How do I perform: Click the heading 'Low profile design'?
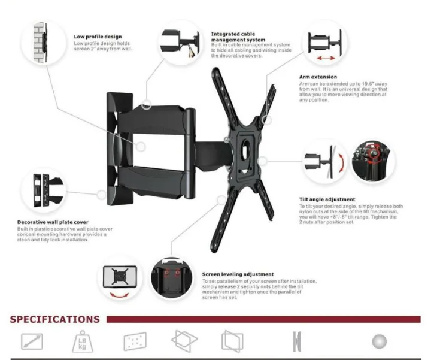tap(98, 37)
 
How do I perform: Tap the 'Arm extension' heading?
tap(318, 77)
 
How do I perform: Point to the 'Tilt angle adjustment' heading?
tap(327, 199)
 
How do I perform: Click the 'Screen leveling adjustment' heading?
tap(238, 274)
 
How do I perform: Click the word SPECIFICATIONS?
tap(55, 319)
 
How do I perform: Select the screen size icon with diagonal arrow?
tap(31, 342)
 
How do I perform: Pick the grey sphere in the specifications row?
tap(378, 341)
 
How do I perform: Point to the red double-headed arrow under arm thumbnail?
tap(326, 59)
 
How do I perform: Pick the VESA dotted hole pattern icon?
tap(134, 342)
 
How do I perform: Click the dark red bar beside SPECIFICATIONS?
tap(263, 319)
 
